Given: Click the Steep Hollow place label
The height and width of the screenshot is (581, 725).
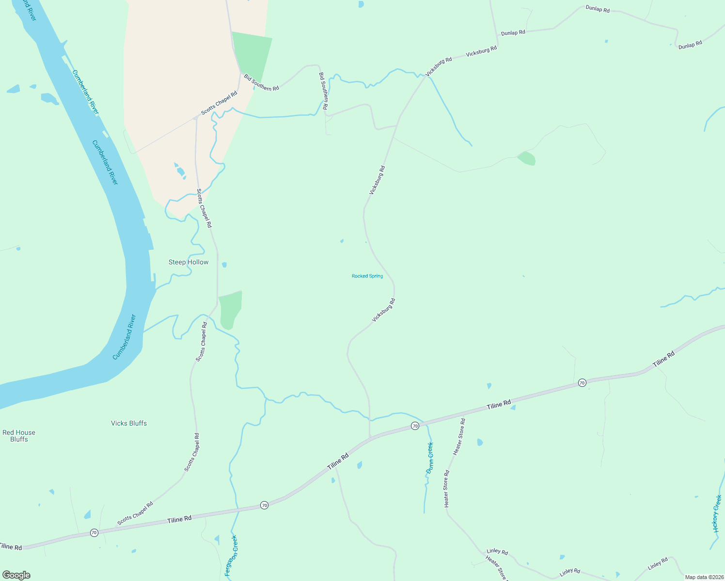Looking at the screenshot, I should tap(189, 262).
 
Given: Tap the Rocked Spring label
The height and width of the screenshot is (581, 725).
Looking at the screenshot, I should tap(367, 276).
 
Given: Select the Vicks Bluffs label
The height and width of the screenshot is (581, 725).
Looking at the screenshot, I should tap(129, 423).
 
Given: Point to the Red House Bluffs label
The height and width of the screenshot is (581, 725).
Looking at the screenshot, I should tap(19, 436).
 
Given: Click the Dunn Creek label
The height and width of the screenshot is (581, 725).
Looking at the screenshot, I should tap(430, 458).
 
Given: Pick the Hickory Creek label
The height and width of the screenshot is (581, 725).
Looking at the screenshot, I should tap(717, 513).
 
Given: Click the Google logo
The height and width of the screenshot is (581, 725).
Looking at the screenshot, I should tap(16, 575).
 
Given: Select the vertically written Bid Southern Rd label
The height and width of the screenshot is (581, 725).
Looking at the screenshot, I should tap(324, 91).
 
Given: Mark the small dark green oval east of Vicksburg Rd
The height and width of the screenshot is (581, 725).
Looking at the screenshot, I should tap(527, 158).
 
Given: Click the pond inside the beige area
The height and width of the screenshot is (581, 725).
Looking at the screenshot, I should tap(180, 170).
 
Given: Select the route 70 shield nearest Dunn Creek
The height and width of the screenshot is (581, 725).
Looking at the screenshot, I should tap(415, 426).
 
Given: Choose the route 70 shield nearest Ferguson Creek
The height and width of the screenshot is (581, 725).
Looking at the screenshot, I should tap(264, 505).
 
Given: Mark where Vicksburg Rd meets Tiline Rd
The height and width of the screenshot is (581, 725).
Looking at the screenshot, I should tap(370, 438).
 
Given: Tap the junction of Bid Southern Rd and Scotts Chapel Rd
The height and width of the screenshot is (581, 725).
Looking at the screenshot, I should tap(241, 73).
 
